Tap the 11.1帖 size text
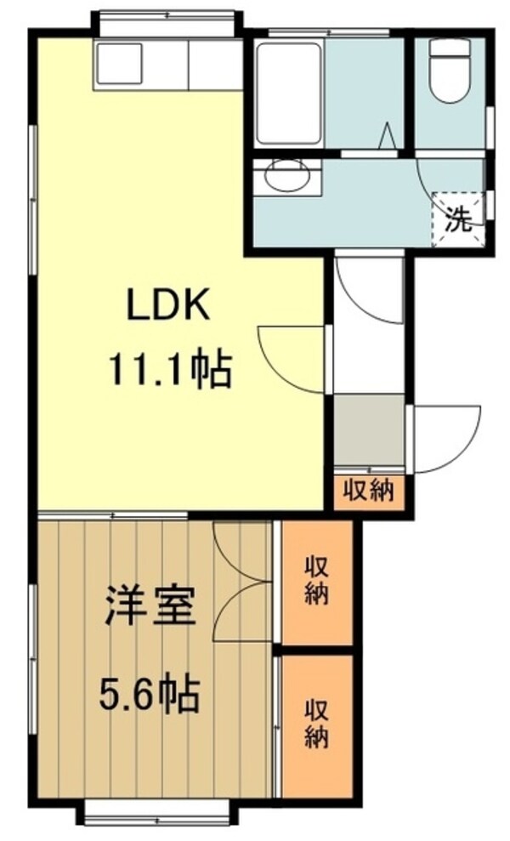click(x=169, y=370)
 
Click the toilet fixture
click(x=448, y=72)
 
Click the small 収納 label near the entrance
click(x=369, y=491)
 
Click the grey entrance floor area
click(x=368, y=429)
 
